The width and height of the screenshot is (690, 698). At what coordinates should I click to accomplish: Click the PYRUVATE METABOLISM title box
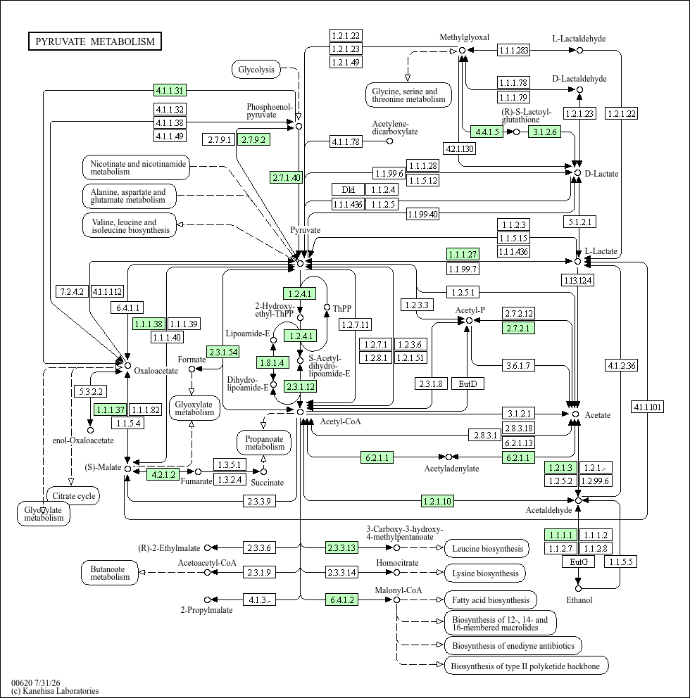point(95,42)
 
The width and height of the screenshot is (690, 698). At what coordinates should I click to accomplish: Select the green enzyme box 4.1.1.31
point(170,90)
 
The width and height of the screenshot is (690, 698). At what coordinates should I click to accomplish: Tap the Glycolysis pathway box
point(256,70)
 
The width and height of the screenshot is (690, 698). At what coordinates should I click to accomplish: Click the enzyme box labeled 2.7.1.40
point(287,177)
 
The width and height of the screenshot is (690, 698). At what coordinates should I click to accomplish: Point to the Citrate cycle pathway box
point(73,496)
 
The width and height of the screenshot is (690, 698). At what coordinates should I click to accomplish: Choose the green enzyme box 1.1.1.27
point(463,254)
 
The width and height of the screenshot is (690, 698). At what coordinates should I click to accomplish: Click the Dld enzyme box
point(348,190)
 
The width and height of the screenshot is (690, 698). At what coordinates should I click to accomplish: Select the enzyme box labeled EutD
point(468,383)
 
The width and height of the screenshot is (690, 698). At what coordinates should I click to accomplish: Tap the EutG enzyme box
point(579,561)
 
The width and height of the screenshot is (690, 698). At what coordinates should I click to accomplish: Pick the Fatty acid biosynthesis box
point(491,600)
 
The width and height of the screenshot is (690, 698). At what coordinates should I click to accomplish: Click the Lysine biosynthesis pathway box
point(485,573)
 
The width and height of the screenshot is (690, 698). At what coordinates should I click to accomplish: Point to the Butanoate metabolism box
point(110,573)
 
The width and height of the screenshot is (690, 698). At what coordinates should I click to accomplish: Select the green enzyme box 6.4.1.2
point(342,599)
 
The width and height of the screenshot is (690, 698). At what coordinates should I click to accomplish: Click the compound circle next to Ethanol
point(578,588)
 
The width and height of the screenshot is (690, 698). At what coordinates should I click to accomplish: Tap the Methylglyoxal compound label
point(464,37)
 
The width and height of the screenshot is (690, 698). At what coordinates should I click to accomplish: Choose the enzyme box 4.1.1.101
point(648,407)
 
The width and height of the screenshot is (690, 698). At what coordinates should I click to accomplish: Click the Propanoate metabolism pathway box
point(264,443)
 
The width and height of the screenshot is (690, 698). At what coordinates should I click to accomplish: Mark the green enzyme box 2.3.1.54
point(223,352)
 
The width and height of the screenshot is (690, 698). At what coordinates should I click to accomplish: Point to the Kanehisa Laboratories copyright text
point(55,691)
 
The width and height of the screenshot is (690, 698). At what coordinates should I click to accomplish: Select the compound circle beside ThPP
point(327,307)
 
